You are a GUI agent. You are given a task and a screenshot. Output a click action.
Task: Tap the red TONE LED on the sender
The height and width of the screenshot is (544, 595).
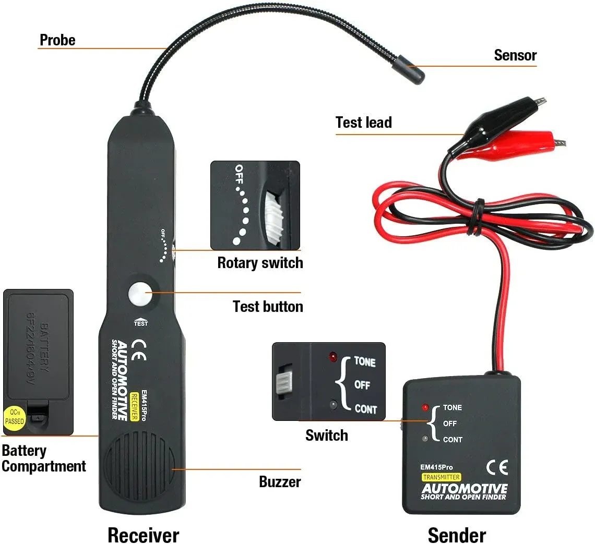(x=426, y=407)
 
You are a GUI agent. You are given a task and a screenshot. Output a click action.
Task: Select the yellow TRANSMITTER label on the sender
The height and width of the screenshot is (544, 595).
(x=442, y=477)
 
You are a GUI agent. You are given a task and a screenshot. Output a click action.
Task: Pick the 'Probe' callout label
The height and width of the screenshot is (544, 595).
(x=57, y=40)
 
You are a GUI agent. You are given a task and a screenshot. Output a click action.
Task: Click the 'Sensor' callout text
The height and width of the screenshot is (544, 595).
(x=515, y=55)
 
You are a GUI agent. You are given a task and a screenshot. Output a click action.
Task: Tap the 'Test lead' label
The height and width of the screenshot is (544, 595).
(x=363, y=123)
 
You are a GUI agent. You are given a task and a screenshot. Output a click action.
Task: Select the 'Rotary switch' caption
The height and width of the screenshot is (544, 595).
(x=260, y=262)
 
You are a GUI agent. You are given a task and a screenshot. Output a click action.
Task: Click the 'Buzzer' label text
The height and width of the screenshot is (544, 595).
(x=280, y=481)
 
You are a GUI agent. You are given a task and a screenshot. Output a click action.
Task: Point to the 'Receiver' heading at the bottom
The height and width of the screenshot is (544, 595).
(x=143, y=535)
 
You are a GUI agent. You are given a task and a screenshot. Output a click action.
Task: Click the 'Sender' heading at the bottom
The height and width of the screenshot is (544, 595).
(x=456, y=535)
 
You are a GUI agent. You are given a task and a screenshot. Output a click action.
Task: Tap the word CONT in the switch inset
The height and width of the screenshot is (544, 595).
(x=365, y=409)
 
